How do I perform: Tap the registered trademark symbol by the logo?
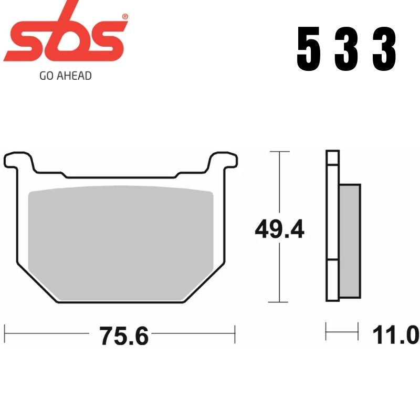coord(124,17)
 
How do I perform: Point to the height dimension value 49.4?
coord(279,229)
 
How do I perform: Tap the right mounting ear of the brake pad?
coord(224,159)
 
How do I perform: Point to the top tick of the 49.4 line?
coord(279,152)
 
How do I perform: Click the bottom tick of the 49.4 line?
coord(279,302)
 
